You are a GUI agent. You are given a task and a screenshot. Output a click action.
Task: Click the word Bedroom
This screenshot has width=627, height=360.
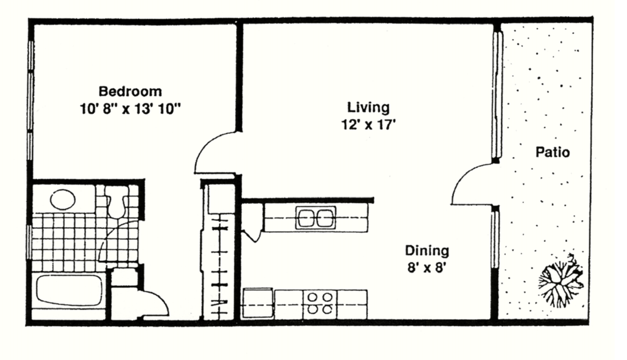tap(131, 92)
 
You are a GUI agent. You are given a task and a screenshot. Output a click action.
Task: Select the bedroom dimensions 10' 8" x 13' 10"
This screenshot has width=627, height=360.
tap(130, 109)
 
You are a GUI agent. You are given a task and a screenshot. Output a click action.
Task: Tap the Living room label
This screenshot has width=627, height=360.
tap(368, 108)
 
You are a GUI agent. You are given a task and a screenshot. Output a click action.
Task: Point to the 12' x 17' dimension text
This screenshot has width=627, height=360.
tap(368, 125)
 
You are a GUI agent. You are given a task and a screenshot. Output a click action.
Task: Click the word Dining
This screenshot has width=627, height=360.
tap(427, 251)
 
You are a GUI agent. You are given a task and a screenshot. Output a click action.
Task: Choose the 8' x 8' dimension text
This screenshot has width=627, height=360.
tap(426, 268)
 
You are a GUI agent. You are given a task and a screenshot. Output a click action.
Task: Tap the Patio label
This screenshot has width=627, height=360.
tap(553, 153)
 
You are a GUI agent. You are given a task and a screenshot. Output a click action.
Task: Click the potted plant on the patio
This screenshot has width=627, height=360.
tap(561, 281)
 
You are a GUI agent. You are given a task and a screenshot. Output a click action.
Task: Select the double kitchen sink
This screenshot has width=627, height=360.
tap(316, 218)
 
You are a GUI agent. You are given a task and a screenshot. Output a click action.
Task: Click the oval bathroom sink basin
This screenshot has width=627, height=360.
tap(63, 199)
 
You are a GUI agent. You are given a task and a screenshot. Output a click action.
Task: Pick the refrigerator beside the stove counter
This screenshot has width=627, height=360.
tap(258, 303)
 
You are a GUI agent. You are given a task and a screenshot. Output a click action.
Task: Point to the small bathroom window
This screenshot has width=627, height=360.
tap(29, 242)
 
